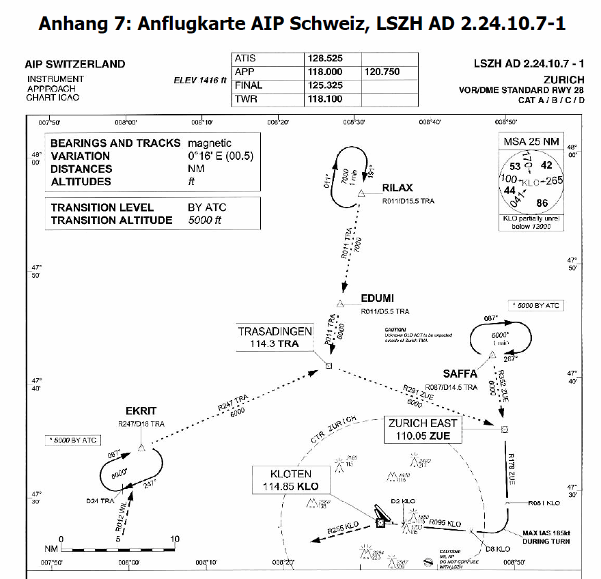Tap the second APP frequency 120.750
click(382, 72)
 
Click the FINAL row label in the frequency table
click(249, 85)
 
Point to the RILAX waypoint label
click(397, 188)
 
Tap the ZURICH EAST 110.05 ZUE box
click(424, 429)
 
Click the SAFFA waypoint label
click(460, 373)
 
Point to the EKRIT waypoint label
click(141, 411)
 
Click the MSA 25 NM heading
click(531, 141)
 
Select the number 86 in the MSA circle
click(543, 203)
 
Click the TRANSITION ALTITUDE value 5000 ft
click(204, 221)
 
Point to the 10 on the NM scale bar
click(176, 539)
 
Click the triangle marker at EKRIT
click(141, 447)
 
